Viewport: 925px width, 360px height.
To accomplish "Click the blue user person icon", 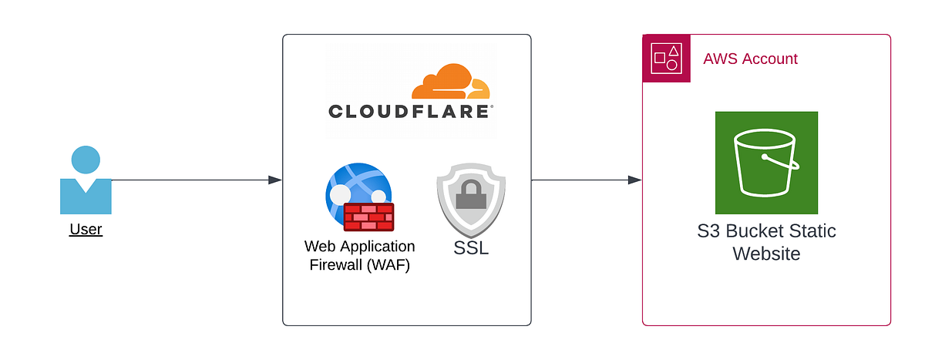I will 86,181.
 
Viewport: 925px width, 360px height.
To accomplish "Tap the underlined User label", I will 86,229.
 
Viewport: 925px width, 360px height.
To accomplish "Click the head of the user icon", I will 86,160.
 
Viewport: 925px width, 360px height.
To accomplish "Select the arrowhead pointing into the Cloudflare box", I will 274,180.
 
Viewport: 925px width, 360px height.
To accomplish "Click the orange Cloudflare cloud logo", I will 450,83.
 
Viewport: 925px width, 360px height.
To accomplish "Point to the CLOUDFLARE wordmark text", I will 410,112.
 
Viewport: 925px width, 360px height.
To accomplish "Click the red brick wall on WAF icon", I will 368,217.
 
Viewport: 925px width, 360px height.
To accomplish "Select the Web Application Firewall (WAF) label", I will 359,256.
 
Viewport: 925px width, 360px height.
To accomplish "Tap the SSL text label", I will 470,249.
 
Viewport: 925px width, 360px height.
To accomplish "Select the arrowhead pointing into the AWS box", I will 634,180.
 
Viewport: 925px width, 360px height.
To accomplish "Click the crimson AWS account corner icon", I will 665,58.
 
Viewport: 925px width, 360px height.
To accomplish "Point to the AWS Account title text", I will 750,59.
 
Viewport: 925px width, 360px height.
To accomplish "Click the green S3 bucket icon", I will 766,163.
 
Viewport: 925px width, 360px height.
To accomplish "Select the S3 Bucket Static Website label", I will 766,242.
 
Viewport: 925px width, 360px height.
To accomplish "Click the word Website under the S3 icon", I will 766,254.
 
